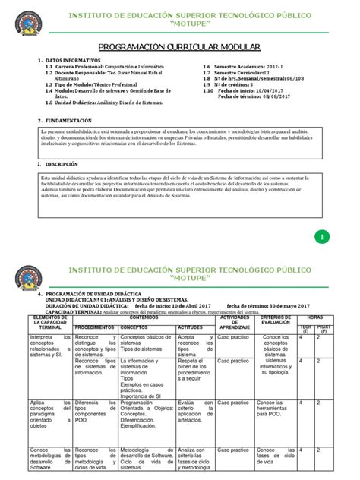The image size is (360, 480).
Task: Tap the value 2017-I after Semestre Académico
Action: tap(291, 67)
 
